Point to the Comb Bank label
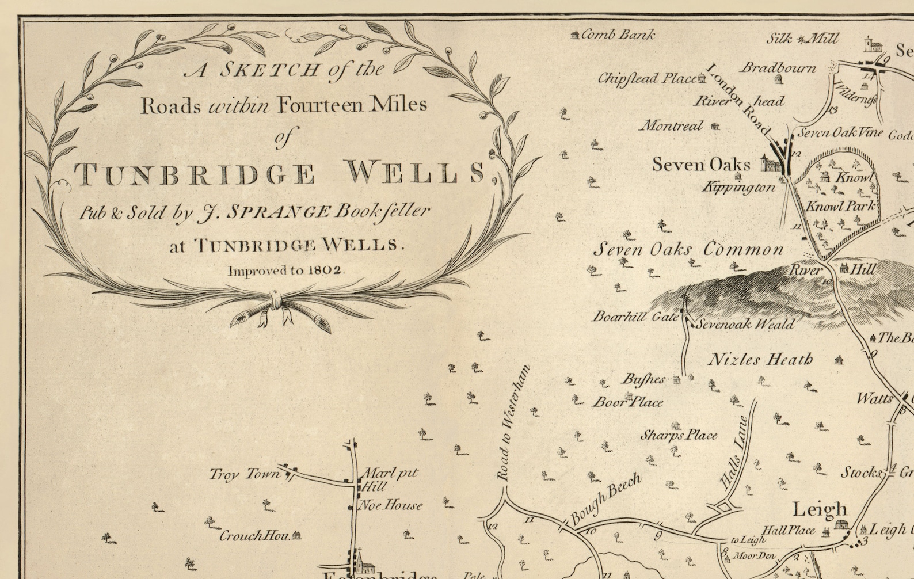618,35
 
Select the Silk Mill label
802,39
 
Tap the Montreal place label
672,125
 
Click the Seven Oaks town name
701,165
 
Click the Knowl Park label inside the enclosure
840,205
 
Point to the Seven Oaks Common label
688,249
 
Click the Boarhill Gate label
635,317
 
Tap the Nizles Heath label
760,360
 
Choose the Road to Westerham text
512,423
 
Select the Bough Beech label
605,498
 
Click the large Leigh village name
820,509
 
